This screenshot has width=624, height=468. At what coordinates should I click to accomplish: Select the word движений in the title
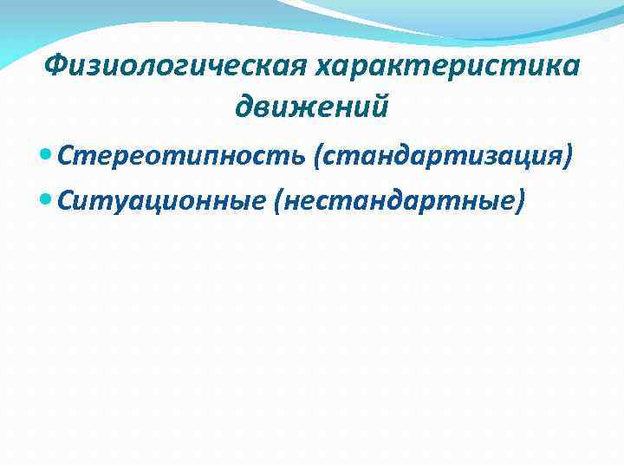point(311,107)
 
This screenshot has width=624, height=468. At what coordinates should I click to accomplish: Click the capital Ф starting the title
point(55,65)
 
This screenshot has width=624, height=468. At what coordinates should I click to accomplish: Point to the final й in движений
point(379,107)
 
